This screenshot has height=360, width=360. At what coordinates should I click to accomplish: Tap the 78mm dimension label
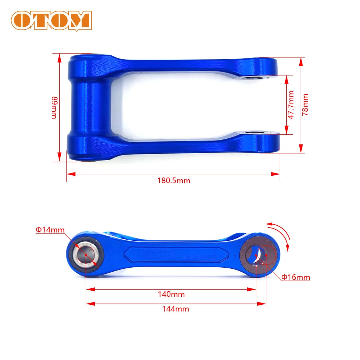click(x=305, y=105)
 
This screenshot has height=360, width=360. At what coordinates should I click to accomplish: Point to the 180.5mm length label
click(x=174, y=181)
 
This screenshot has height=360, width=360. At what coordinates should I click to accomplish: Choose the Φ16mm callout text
click(x=296, y=277)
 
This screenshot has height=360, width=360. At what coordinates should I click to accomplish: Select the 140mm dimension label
click(x=171, y=294)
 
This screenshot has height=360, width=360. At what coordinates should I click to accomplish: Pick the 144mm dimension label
click(x=176, y=309)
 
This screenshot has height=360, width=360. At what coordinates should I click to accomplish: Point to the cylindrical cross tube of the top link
click(x=88, y=108)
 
